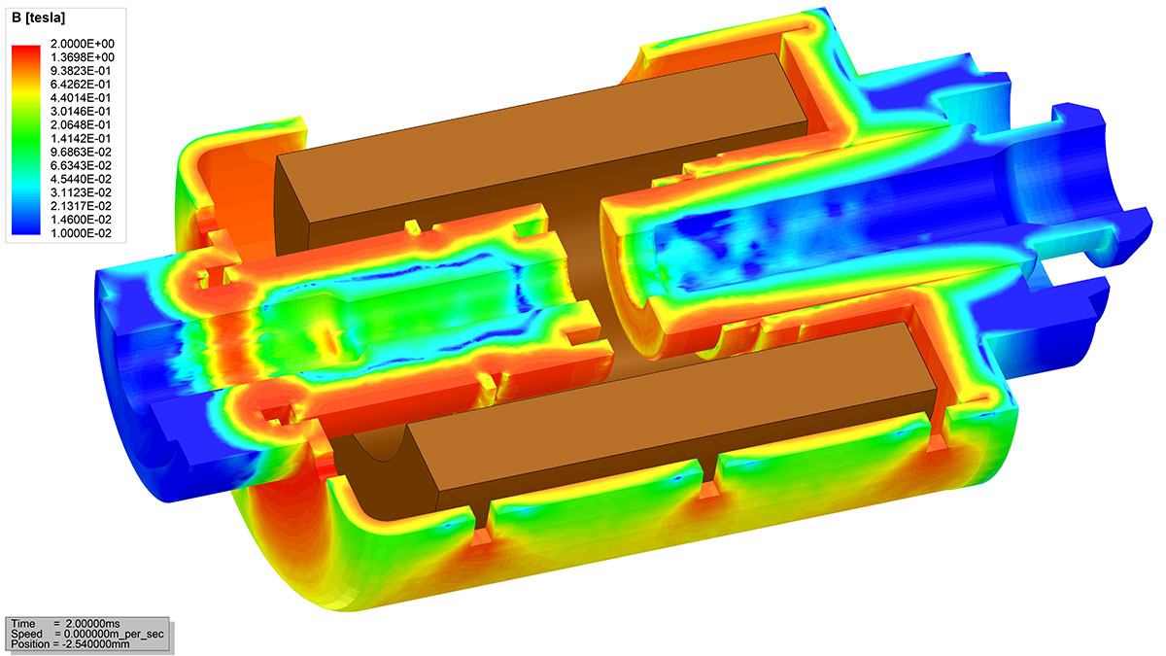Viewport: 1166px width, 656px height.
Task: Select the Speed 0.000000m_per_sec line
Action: [87, 633]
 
